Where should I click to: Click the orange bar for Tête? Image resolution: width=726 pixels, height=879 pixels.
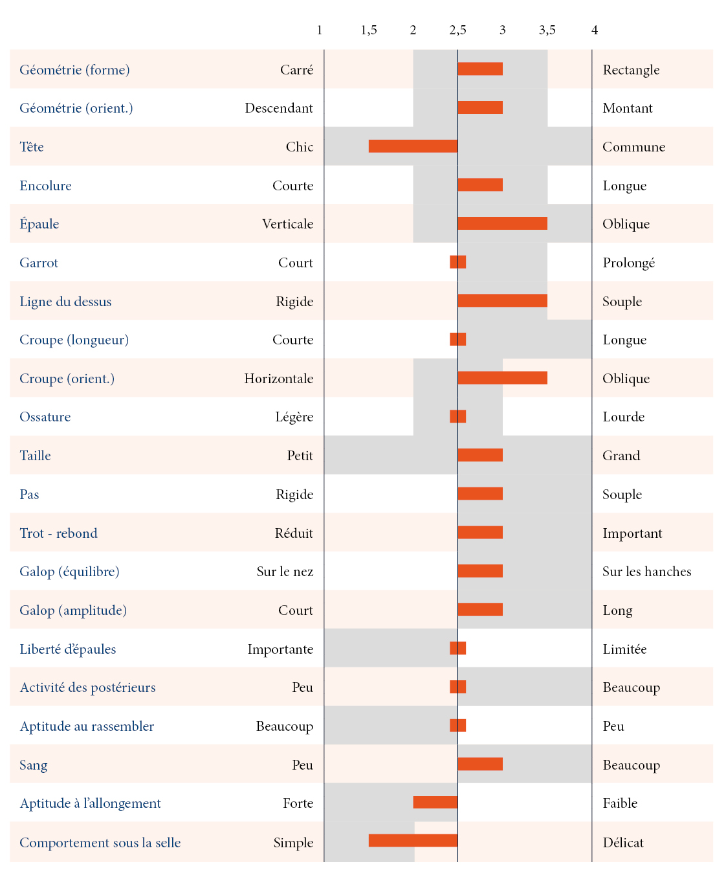413,146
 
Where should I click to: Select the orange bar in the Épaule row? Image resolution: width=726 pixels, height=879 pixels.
502,224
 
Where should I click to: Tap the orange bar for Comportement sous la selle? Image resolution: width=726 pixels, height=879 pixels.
413,841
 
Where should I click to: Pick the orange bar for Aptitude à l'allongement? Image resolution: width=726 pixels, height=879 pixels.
435,803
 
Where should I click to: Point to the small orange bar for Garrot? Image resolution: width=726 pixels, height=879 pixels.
457,262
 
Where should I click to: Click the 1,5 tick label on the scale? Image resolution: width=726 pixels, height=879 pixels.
369,30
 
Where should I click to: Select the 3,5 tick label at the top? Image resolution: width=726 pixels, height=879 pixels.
547,30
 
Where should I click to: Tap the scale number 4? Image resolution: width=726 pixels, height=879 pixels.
594,30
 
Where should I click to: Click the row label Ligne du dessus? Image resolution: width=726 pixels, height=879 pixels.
65,302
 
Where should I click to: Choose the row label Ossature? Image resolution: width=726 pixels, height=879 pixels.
45,417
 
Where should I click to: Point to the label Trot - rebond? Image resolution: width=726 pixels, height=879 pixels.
58,533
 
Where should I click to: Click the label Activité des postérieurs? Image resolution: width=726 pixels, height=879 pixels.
87,687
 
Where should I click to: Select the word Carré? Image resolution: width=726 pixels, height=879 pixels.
296,70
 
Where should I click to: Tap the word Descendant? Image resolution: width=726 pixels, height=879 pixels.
279,108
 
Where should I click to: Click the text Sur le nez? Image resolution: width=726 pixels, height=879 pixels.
285,572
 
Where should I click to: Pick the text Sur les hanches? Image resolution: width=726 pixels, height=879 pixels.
646,572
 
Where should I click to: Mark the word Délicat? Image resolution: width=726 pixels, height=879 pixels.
623,843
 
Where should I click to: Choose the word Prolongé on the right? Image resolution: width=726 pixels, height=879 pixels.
628,263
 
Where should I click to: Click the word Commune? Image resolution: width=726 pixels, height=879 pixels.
633,147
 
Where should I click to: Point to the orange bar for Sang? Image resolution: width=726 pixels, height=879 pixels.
479,764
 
